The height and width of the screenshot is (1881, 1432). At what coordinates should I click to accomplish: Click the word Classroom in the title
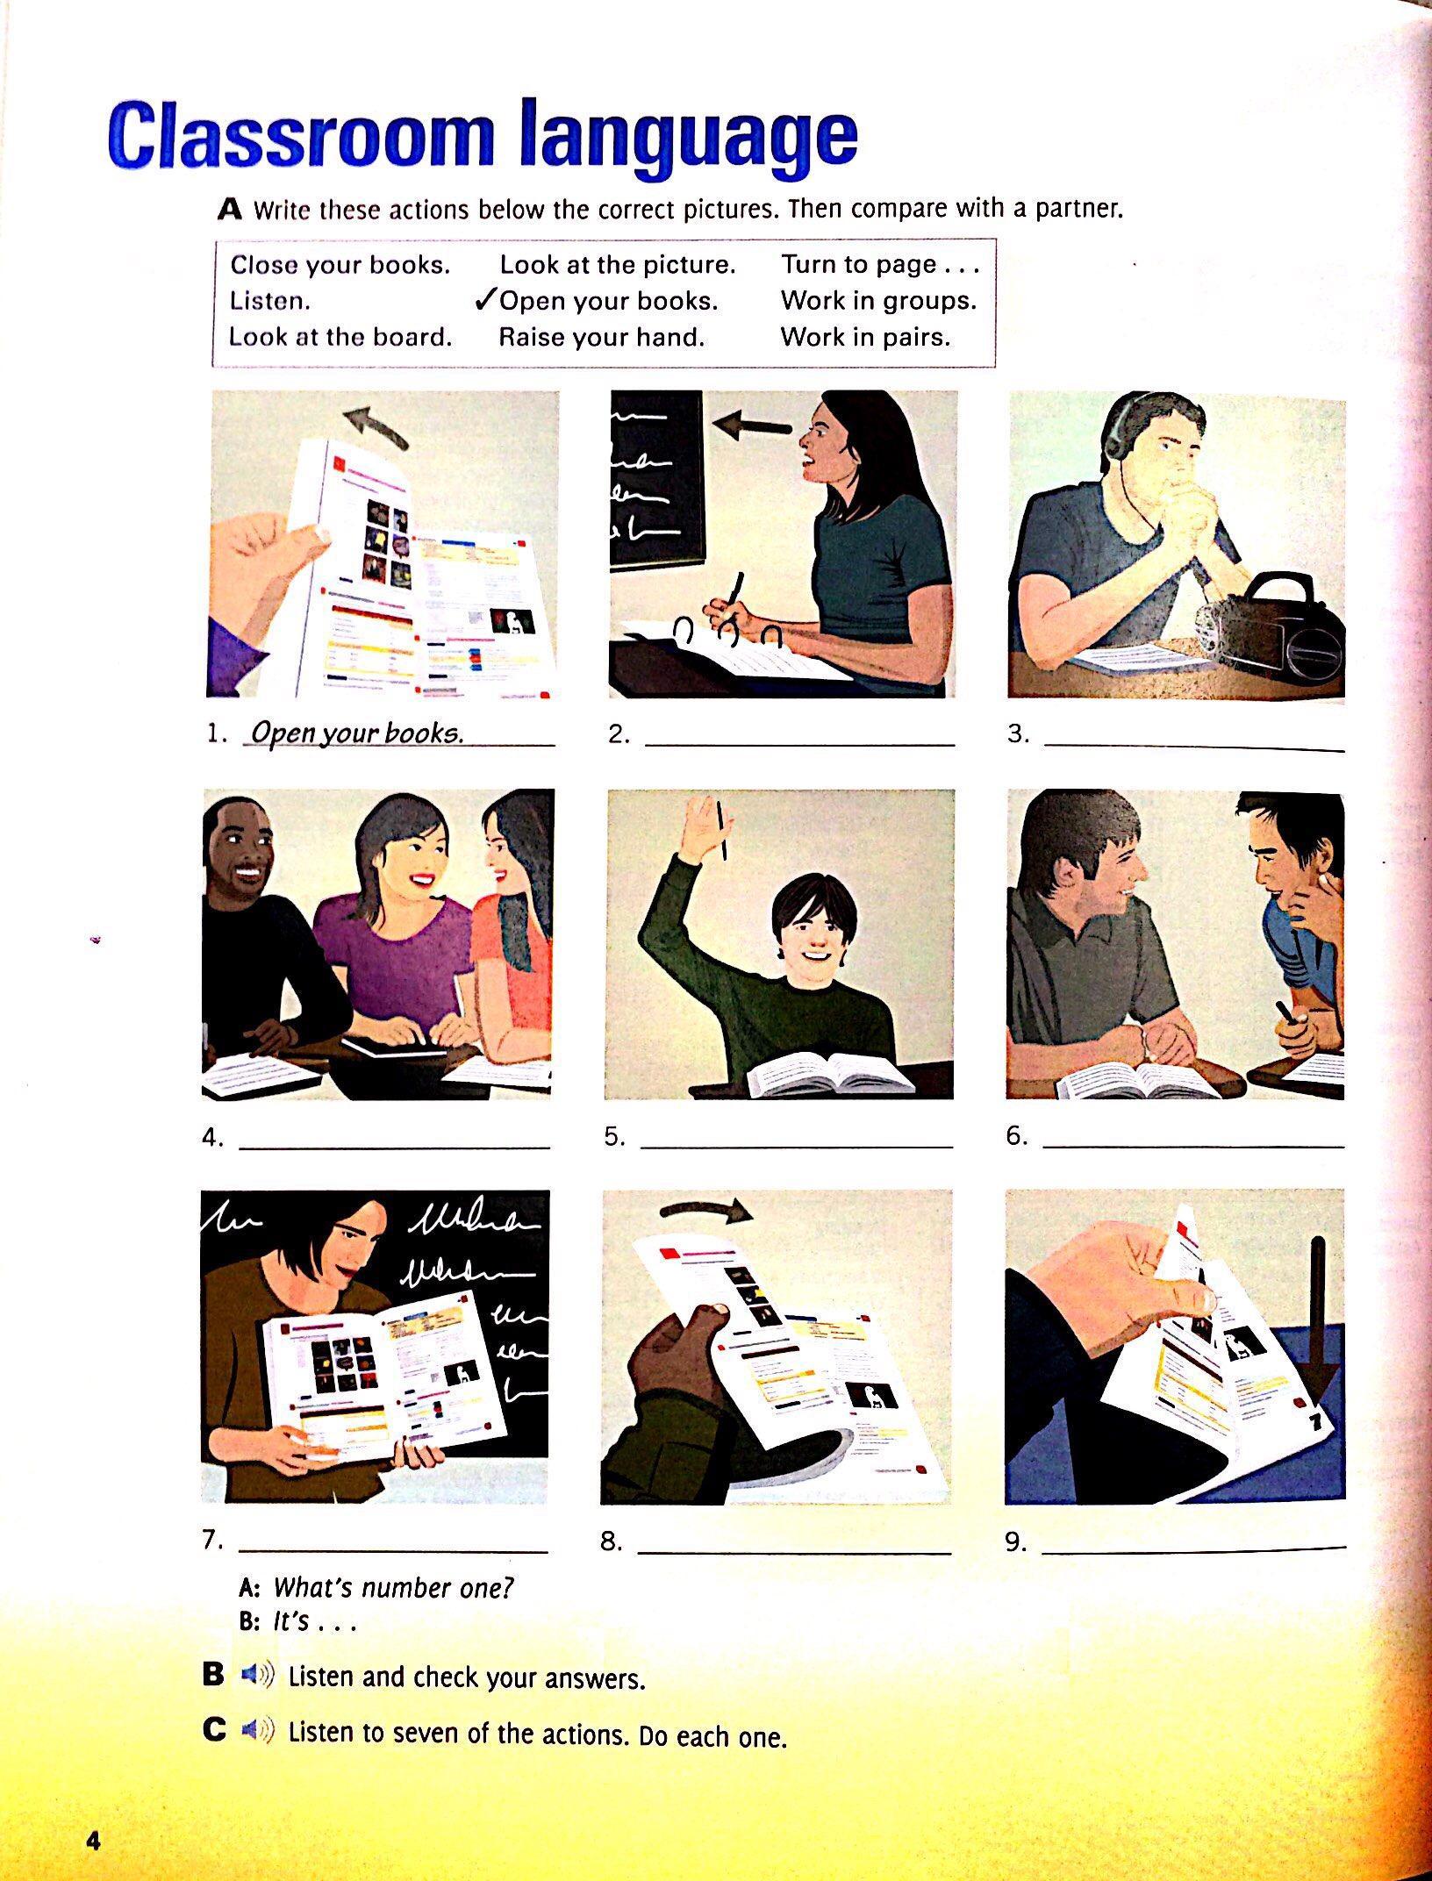click(x=302, y=137)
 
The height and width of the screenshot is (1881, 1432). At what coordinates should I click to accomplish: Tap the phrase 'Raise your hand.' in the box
click(x=602, y=337)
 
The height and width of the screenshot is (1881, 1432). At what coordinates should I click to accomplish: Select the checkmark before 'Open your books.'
click(x=485, y=301)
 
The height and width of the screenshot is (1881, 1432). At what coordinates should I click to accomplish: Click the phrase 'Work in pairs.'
click(x=865, y=337)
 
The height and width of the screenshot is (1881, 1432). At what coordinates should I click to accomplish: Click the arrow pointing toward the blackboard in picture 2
click(x=753, y=426)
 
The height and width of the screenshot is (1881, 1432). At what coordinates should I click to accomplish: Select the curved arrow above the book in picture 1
click(x=378, y=428)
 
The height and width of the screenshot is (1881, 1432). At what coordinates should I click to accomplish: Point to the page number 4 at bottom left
click(x=93, y=1840)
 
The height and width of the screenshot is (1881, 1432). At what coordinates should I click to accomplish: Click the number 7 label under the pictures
click(x=211, y=1539)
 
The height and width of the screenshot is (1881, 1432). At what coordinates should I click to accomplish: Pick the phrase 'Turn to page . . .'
click(x=879, y=264)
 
